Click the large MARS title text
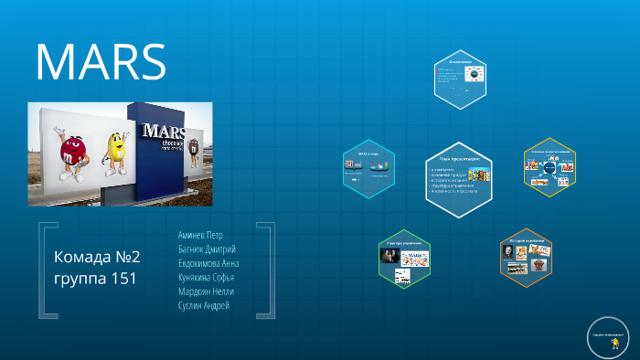coord(101,62)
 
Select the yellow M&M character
coord(114,153)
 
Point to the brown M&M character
coord(193,154)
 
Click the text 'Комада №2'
coord(97,256)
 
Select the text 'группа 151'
coord(95,278)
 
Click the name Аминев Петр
coord(200,235)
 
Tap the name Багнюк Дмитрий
coord(207,249)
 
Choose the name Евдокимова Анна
coord(208,263)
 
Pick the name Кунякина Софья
coord(206,277)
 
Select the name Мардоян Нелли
coord(206,291)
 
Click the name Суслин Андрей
coord(203,305)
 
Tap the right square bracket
coord(267,269)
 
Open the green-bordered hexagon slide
coord(404,258)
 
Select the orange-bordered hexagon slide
coord(526,258)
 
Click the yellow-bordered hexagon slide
coord(549,167)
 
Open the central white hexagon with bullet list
coord(460,172)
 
